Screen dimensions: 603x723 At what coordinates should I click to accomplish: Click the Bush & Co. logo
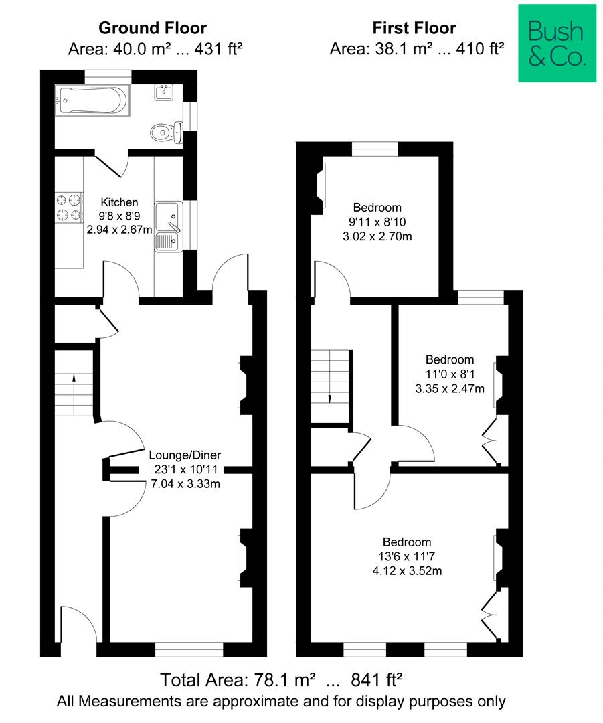click(557, 44)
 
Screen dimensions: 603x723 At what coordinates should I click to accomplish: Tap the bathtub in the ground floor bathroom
click(92, 100)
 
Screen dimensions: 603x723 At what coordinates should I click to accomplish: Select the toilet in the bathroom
click(167, 133)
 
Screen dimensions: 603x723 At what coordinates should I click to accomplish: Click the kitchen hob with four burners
click(69, 208)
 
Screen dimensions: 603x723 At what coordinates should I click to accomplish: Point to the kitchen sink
click(168, 226)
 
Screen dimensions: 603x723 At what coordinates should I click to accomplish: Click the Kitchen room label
click(119, 202)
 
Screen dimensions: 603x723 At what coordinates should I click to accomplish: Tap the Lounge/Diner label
click(185, 455)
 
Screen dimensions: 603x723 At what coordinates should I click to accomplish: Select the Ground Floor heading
click(153, 28)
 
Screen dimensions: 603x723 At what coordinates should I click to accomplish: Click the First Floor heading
click(414, 28)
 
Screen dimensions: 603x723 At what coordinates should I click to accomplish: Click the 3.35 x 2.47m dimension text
click(450, 389)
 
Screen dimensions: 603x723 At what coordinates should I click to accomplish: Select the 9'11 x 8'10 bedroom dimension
click(377, 222)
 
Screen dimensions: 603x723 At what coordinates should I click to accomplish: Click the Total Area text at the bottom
click(281, 679)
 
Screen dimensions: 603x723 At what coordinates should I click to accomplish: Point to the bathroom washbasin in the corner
click(164, 92)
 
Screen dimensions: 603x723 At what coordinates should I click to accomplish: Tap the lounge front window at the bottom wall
click(189, 649)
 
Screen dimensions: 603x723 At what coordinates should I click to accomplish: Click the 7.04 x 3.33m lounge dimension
click(185, 484)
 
